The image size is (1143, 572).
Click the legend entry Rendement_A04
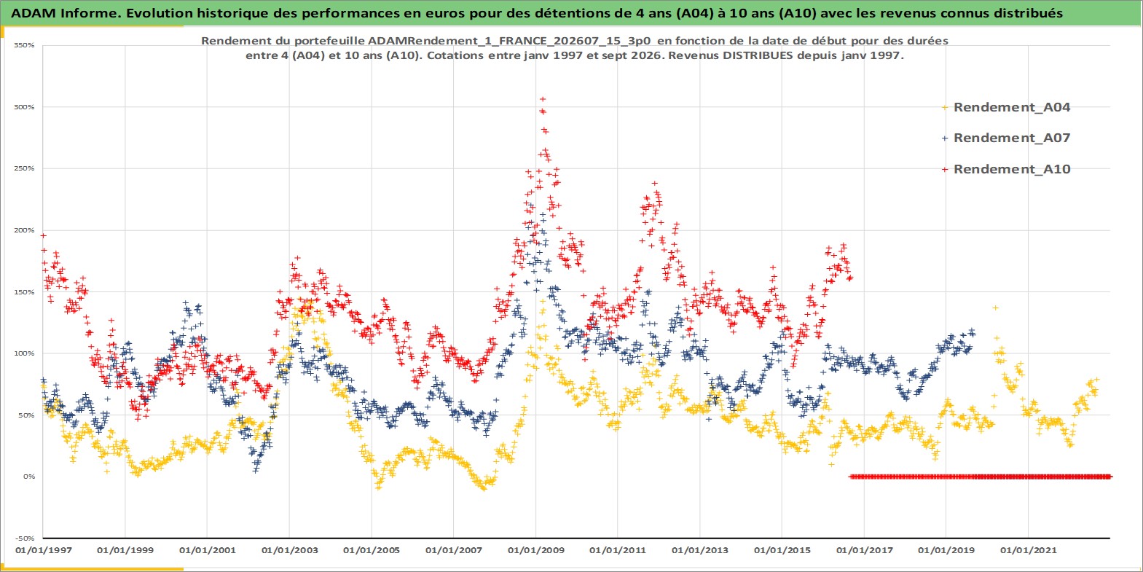(x=1012, y=107)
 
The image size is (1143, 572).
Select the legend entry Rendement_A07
(x=1012, y=138)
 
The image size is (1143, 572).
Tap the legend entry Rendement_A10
(x=1012, y=169)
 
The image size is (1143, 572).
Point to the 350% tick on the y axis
(x=24, y=45)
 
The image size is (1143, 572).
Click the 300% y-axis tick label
(x=24, y=107)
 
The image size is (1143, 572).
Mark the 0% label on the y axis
(x=28, y=477)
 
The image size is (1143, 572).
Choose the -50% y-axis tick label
(x=25, y=538)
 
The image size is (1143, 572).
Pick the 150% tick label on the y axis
(x=24, y=292)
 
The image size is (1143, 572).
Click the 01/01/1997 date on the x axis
(x=44, y=550)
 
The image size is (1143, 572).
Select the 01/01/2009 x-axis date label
(x=535, y=550)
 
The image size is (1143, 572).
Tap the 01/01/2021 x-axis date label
(x=1028, y=550)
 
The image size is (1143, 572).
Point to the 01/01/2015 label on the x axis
(x=782, y=550)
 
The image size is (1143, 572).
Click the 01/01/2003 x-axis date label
(x=289, y=550)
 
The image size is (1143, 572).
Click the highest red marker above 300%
(x=543, y=99)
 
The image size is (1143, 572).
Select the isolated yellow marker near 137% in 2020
(x=995, y=307)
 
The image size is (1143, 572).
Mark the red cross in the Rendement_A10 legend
(x=945, y=169)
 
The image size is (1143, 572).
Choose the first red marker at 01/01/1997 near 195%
(x=44, y=235)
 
